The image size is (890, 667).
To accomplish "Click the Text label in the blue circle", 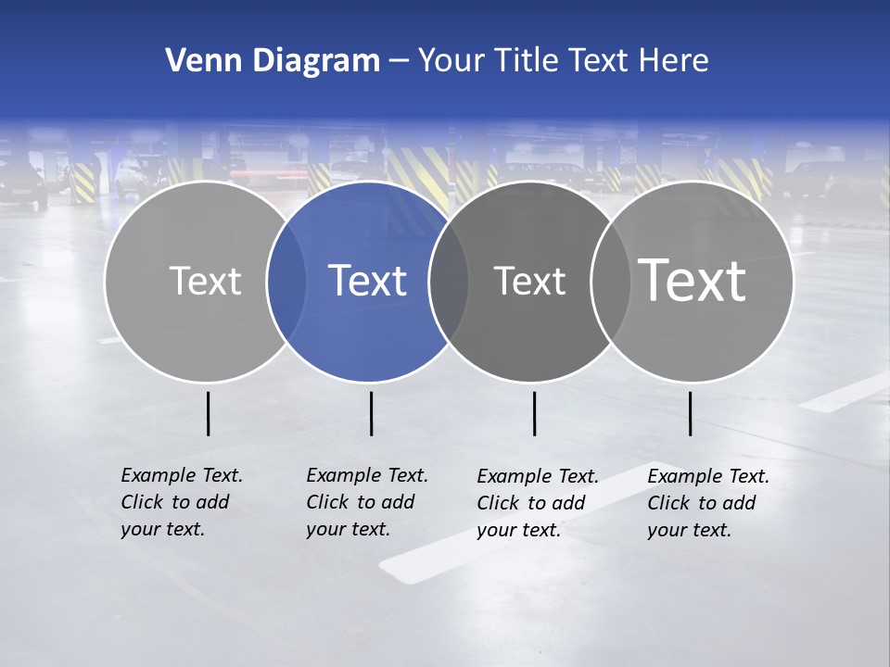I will click(368, 281).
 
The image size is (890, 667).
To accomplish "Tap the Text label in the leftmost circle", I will click(205, 281).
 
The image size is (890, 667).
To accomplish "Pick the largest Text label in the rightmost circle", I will click(693, 280).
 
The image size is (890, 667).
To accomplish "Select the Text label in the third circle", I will click(529, 281).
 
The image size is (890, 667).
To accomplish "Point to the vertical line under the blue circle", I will click(371, 413).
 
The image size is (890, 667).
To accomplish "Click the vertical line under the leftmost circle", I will click(208, 413).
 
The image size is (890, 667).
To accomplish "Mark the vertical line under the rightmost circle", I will click(690, 413).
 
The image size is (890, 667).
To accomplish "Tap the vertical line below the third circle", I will click(534, 413).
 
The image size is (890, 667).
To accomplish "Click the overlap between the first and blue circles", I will click(286, 281).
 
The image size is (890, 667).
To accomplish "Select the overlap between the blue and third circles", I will click(449, 281).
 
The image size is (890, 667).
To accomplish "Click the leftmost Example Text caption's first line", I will click(182, 475).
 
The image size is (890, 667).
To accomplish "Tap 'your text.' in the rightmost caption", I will click(689, 530).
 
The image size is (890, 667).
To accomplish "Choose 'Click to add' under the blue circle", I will click(360, 502).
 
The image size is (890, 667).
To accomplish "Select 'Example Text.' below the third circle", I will click(538, 476).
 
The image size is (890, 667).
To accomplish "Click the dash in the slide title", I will click(398, 61).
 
